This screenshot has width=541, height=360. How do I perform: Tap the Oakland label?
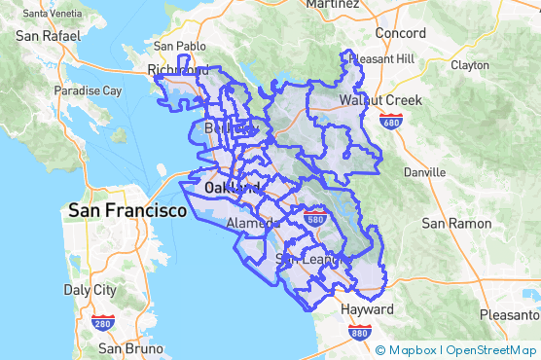point(232,186)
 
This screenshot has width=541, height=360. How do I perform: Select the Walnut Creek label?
point(380,100)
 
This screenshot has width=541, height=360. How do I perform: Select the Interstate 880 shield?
point(358,333)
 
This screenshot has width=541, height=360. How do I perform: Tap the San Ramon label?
point(456,223)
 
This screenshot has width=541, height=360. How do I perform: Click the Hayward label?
point(367,309)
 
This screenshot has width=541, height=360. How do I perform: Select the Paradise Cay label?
point(88,90)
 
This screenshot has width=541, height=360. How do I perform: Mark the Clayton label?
point(470,65)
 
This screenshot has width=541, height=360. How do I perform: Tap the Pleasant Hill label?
point(380,58)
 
